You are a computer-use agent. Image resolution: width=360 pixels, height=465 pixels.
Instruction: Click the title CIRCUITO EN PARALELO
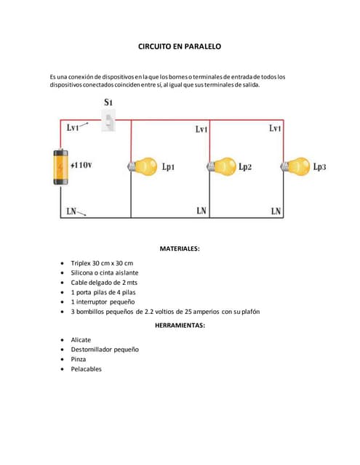(x=179, y=46)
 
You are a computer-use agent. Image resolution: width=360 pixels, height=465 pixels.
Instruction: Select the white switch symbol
(x=109, y=121)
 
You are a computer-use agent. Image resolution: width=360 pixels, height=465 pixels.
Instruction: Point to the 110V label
(x=82, y=165)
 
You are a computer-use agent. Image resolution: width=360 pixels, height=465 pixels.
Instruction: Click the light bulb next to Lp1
(x=144, y=166)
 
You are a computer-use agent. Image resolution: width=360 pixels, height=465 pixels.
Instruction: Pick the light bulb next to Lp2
(x=222, y=166)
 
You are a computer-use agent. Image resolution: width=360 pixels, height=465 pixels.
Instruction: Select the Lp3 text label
(x=319, y=166)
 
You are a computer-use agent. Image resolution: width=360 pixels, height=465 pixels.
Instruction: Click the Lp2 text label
(x=245, y=166)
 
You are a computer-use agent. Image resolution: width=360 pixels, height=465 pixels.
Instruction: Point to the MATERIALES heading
(x=179, y=248)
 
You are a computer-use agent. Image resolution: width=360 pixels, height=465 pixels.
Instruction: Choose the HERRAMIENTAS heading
(x=180, y=325)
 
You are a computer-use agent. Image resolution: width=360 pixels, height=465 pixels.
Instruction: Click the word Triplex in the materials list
(x=81, y=262)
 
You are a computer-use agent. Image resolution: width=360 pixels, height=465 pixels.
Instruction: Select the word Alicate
(x=81, y=339)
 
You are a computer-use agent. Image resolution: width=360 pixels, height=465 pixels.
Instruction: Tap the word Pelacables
(x=87, y=368)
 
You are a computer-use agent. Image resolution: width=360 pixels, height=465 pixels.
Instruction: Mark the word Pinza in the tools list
(x=79, y=359)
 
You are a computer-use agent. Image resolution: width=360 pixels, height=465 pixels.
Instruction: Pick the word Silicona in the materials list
(x=84, y=272)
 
